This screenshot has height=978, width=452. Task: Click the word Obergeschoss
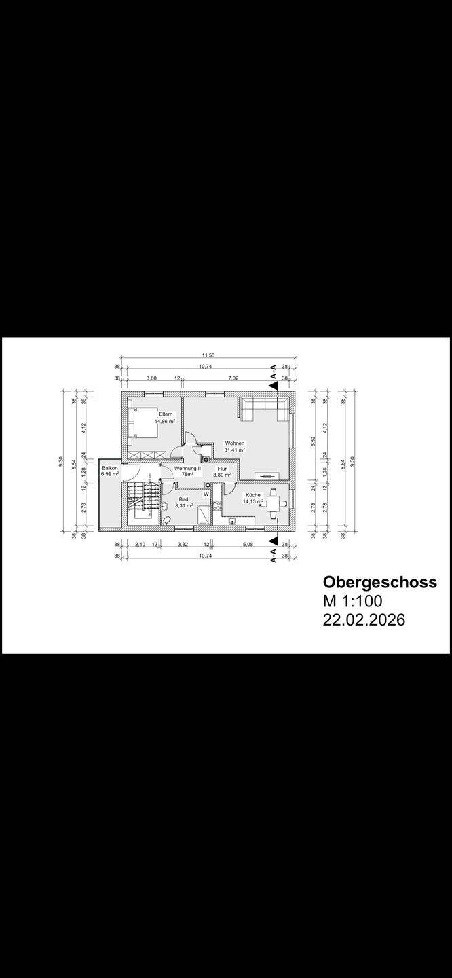(377, 582)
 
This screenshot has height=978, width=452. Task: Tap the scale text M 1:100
(353, 601)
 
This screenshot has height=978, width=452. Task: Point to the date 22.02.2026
(364, 620)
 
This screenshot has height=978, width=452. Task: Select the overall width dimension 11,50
(208, 355)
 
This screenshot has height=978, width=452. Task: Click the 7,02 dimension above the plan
(233, 378)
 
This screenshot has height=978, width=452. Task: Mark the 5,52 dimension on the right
(314, 439)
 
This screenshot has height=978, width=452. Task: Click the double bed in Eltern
(142, 422)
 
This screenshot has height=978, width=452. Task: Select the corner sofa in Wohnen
(265, 408)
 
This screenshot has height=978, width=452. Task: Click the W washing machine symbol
(206, 494)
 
